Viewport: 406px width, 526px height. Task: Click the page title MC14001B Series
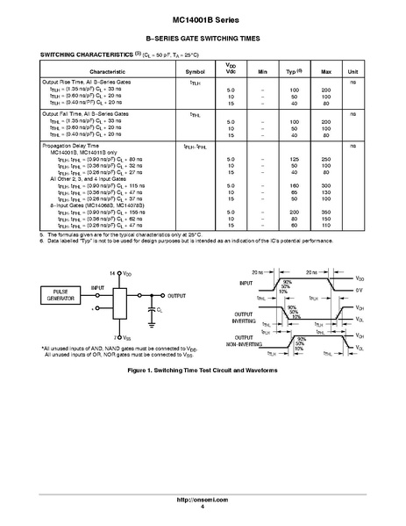(x=203, y=18)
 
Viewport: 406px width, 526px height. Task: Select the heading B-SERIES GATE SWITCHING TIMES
(x=203, y=38)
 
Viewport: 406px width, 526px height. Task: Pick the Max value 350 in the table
(x=325, y=213)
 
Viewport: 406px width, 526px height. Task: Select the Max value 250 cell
(x=325, y=158)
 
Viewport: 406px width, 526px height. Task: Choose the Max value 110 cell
(x=325, y=227)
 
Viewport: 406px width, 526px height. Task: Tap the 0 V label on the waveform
(x=360, y=290)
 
